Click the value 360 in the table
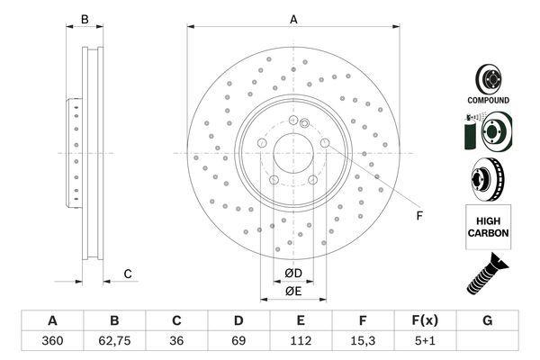52,341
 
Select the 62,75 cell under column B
114,341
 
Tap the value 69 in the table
238,341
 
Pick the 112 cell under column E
301,341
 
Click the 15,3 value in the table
363,341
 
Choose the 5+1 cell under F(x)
425,341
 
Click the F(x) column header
425,320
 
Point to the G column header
487,320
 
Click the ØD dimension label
293,274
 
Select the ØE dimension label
293,292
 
